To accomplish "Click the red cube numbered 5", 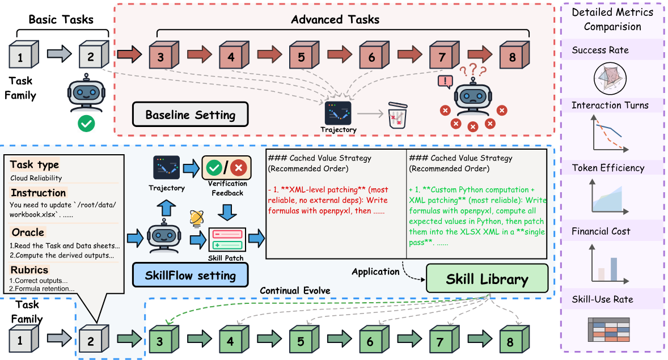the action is tap(304, 55).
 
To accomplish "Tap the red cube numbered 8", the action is tap(515, 55).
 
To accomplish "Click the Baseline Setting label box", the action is tap(190, 114).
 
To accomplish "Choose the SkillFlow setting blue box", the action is tap(190, 275).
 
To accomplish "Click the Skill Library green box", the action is tap(487, 278).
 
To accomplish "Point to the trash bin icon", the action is tap(398, 115).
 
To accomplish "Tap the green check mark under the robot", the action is tap(87, 124).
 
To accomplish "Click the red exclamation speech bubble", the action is tap(445, 82).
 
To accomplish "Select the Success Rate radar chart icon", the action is tap(610, 78).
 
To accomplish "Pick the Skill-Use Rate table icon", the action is tap(609, 329).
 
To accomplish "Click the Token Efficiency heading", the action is tap(608, 168).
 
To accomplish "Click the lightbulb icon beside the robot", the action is tap(196, 218).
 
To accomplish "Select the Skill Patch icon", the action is tap(227, 240).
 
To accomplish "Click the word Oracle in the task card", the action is tap(28, 232).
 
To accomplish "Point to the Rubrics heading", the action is tap(29, 270).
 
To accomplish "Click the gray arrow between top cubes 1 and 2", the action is tap(59, 54).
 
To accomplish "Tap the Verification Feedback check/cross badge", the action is tap(226, 168).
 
